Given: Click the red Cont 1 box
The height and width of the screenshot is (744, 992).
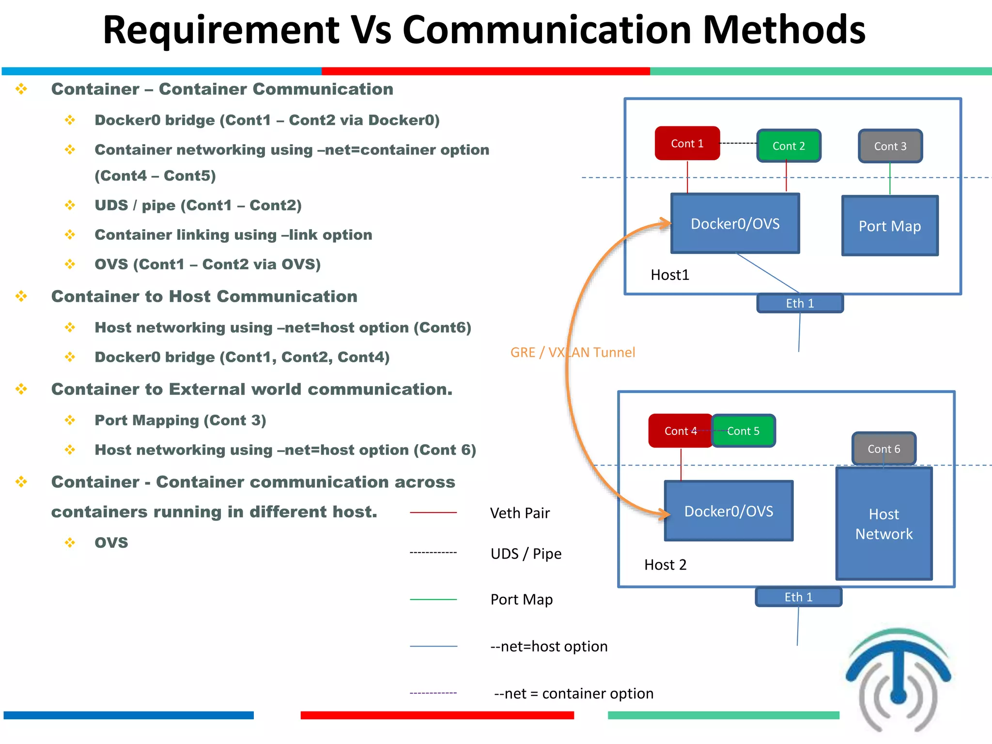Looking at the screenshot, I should (687, 143).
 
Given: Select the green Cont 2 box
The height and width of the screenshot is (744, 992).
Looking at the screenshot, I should (789, 146).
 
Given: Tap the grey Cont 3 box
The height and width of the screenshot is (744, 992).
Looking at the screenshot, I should (890, 146).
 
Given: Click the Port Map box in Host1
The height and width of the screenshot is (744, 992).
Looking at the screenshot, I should (890, 226).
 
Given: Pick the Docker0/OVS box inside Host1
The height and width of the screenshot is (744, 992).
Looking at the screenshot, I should (735, 224).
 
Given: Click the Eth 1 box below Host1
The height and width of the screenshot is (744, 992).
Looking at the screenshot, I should (800, 303).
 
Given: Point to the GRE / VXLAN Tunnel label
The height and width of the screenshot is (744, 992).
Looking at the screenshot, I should (573, 352).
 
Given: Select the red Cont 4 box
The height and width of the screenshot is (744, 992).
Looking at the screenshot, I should (680, 431).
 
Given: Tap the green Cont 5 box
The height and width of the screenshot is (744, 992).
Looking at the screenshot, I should (744, 431).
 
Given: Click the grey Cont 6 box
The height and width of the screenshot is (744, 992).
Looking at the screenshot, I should (883, 449).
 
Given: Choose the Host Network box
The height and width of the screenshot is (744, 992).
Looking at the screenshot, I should (883, 524).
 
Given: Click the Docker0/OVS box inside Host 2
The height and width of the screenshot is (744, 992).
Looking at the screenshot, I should (728, 511).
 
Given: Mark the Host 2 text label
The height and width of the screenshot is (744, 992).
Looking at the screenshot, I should (665, 565).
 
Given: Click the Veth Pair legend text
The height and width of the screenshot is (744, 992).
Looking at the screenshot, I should (520, 513).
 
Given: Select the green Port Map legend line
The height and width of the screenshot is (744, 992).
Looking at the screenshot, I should (433, 600).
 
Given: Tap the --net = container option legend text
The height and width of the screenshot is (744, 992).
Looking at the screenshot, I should (573, 694).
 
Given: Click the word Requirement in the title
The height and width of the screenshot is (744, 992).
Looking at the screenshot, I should (221, 30).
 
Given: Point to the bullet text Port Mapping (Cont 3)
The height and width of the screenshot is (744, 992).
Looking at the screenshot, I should (180, 420).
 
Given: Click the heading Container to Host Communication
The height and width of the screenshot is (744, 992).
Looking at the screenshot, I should (204, 296).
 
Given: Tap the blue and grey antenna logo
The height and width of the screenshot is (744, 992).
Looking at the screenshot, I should (898, 678).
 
